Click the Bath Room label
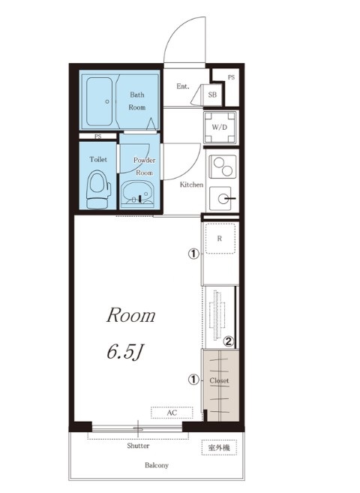(x=137, y=101)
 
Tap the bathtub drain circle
(x=107, y=101)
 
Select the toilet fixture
(x=99, y=189)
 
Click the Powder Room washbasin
(x=137, y=194)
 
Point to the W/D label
(x=219, y=128)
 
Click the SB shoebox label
(x=212, y=95)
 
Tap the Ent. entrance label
(x=183, y=86)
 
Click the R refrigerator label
(x=219, y=239)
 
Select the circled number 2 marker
(x=229, y=341)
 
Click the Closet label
(x=219, y=380)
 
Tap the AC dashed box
(x=172, y=413)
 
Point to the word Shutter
(x=138, y=446)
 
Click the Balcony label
(x=157, y=465)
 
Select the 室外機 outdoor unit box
(x=219, y=447)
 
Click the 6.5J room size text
(x=125, y=351)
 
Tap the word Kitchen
(x=191, y=185)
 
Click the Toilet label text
(x=98, y=159)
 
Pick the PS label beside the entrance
(x=232, y=77)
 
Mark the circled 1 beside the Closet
(x=193, y=380)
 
